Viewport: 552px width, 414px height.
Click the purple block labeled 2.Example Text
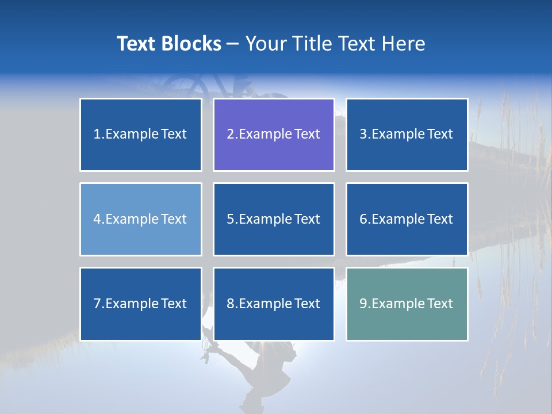[274, 135]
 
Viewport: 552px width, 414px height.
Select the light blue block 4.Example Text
[141, 219]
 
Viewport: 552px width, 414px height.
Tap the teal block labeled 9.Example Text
[407, 304]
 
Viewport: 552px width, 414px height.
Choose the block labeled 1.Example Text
[141, 135]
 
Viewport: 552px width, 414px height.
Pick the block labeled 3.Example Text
[407, 135]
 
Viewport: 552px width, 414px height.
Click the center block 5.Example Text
[274, 219]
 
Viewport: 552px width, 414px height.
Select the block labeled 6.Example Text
[407, 219]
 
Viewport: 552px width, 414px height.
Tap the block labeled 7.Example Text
[141, 304]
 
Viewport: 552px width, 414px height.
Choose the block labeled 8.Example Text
[274, 304]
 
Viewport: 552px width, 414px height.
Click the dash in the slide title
[233, 44]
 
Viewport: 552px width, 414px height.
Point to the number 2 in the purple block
[230, 135]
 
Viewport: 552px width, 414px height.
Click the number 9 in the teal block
[363, 304]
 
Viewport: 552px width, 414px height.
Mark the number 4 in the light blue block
[97, 219]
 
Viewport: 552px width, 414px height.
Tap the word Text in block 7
[174, 304]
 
